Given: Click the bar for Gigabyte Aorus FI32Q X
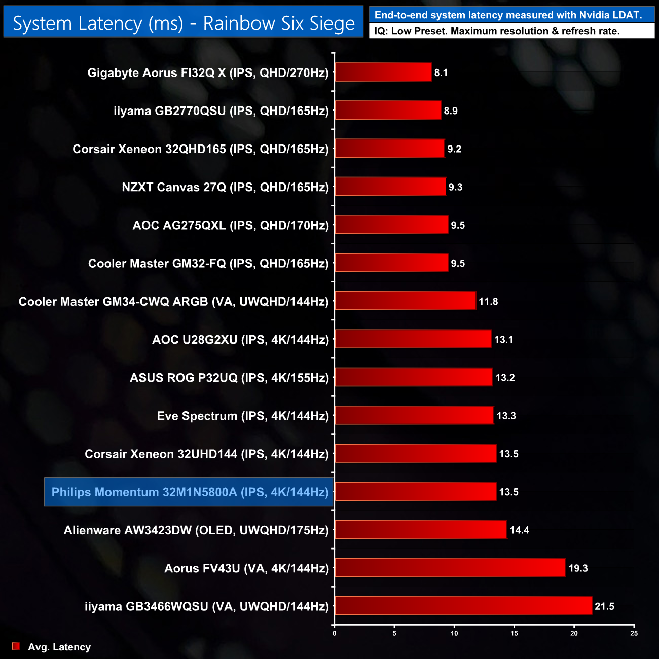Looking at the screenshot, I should coord(383,72).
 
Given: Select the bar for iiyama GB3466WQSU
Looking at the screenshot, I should coord(463,606).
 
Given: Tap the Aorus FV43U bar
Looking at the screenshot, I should coord(450,568).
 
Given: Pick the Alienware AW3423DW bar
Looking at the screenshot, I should coord(421,530).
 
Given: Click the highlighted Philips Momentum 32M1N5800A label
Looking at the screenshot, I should coord(189,492).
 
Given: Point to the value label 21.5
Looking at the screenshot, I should coord(604,606).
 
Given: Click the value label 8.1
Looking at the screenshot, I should coord(441,72).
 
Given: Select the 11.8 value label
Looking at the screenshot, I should coord(488,301).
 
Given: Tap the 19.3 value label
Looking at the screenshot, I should coord(578,568).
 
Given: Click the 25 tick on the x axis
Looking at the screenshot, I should coord(634,633).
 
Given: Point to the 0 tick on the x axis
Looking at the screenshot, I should coord(335,633).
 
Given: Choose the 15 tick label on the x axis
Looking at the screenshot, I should coord(514,633).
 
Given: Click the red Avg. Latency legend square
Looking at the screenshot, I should coord(16,646).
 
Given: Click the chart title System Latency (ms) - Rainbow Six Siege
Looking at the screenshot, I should coord(184,23).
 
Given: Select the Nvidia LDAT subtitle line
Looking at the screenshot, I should coord(508,15).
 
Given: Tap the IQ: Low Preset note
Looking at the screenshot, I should coord(497,31).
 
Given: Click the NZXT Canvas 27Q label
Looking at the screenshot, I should coord(225,187).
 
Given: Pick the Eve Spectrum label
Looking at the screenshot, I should coord(243,416).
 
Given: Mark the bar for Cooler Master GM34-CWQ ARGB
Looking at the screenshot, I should coord(405,301).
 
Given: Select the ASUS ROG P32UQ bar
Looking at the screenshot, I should coord(413,377).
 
